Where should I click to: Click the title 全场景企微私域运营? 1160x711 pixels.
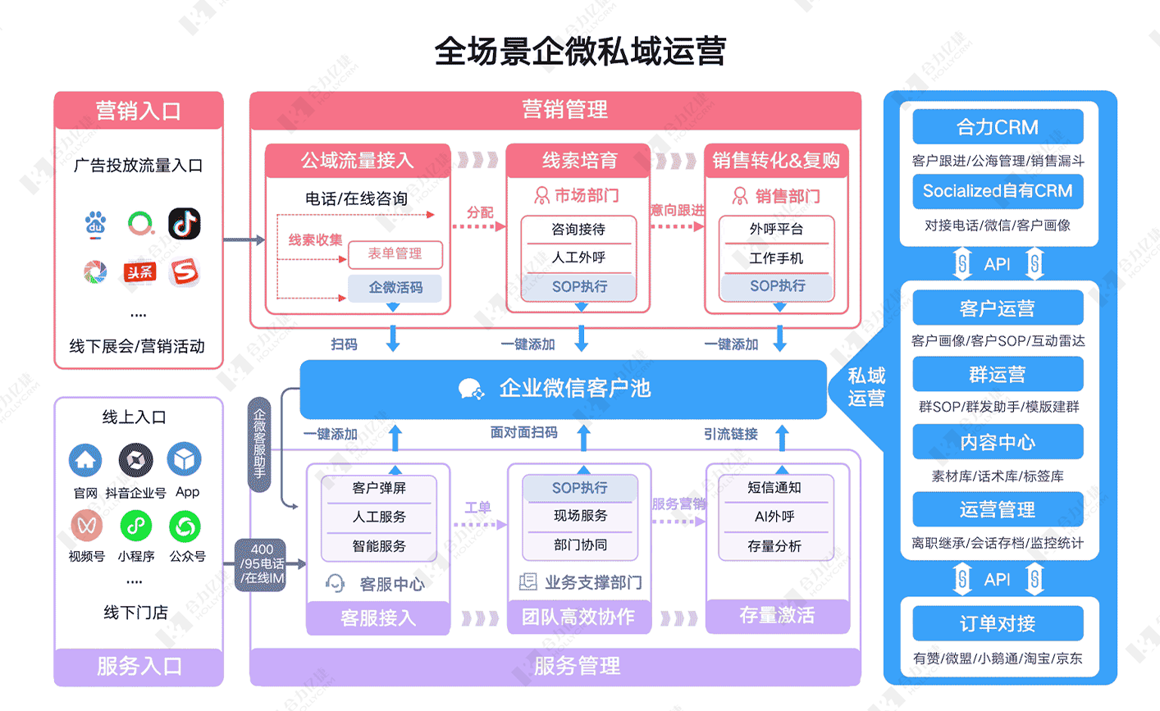click(x=579, y=51)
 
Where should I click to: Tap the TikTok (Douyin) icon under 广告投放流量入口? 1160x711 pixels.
click(x=185, y=223)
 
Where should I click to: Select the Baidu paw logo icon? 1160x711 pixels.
click(x=96, y=223)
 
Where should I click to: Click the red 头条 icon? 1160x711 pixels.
click(x=139, y=272)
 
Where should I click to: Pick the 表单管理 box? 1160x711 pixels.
click(x=395, y=254)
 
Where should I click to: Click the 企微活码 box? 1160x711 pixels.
click(x=395, y=288)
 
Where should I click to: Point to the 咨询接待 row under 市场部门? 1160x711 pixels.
click(x=578, y=230)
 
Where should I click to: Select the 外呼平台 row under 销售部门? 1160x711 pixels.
click(x=776, y=230)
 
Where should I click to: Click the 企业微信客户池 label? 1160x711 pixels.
click(x=574, y=389)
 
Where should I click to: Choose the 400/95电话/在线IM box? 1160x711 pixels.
click(x=262, y=564)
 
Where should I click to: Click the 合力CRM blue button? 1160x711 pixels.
click(x=998, y=128)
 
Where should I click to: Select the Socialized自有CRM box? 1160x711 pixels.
click(x=998, y=192)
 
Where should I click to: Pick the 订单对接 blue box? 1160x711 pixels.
click(x=998, y=624)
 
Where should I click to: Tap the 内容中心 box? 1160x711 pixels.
click(x=998, y=443)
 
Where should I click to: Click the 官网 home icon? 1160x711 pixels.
click(x=85, y=460)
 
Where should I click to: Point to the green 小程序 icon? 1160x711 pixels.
click(x=135, y=526)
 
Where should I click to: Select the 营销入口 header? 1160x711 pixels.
click(x=139, y=111)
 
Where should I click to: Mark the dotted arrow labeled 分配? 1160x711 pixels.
click(x=479, y=226)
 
